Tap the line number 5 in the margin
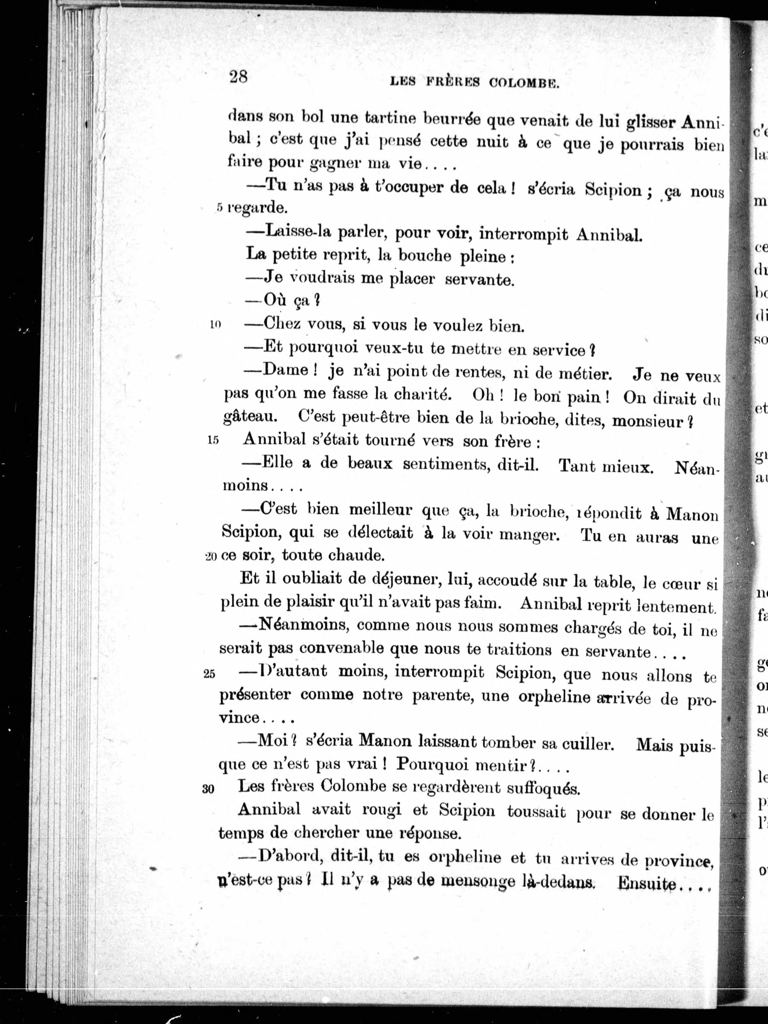220,208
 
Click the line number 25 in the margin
209,674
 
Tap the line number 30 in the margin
208,789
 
